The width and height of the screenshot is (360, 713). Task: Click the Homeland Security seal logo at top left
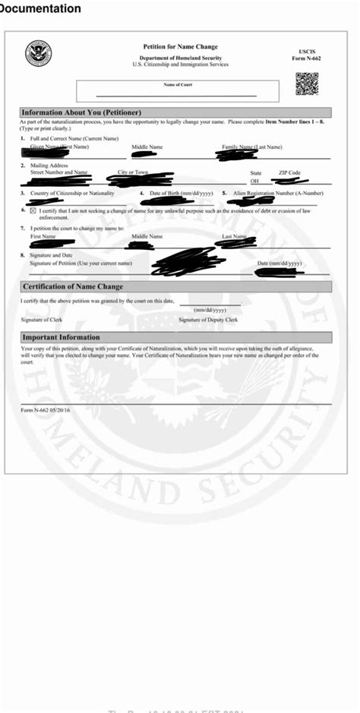(x=38, y=54)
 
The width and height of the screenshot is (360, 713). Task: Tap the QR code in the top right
(x=306, y=83)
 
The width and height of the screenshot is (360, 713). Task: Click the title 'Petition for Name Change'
(x=180, y=47)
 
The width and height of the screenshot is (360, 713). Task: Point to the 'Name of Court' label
(x=178, y=84)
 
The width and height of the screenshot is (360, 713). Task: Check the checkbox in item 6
(x=33, y=210)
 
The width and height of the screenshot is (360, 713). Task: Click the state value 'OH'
(x=255, y=181)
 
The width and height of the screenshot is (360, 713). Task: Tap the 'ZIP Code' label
(x=289, y=173)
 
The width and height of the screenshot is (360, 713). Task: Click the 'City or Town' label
(x=134, y=172)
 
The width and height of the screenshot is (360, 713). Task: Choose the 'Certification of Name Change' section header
(x=73, y=287)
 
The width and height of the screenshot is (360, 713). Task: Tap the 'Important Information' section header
(x=62, y=337)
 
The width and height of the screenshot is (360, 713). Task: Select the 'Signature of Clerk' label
(x=42, y=320)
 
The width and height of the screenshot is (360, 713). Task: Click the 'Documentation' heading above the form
(x=40, y=9)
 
